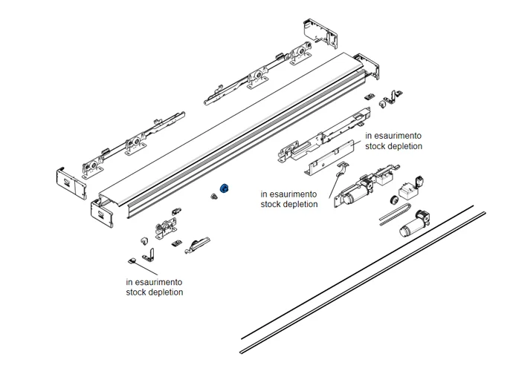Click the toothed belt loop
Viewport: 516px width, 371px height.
[390, 217]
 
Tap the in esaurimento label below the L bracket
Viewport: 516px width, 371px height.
[154, 282]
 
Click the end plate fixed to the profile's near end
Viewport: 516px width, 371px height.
[103, 213]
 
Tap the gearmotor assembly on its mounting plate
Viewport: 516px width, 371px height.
[357, 194]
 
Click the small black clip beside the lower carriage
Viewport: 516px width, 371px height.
[176, 241]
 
